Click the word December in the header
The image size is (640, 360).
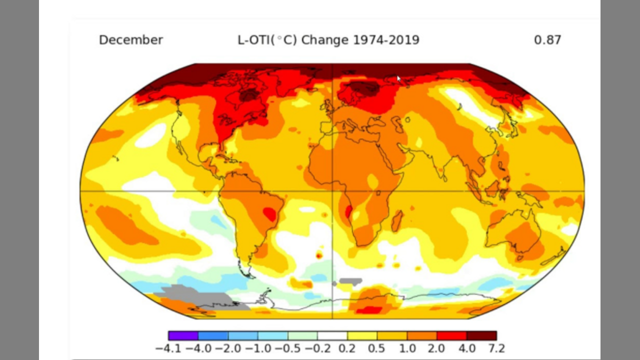[130, 40]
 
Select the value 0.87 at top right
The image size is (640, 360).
[547, 40]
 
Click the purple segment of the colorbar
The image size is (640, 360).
[183, 335]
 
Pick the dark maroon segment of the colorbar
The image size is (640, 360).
[481, 335]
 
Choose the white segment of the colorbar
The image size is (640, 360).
[332, 335]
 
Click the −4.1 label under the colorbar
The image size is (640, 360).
[168, 348]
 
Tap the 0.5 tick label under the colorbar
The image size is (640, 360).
[377, 348]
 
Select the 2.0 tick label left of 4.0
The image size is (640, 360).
[435, 348]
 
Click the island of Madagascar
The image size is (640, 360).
[397, 220]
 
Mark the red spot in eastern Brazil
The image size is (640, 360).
[269, 214]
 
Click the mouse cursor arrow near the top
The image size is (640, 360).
[399, 79]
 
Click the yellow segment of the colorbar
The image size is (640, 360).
[362, 335]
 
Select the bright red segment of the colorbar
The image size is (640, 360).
[451, 335]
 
